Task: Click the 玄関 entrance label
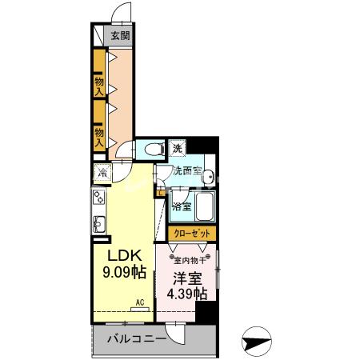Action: pos(121,36)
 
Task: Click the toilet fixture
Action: pos(150,148)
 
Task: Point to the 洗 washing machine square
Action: pos(178,148)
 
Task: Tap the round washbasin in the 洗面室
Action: pos(207,178)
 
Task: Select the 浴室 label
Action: pos(182,206)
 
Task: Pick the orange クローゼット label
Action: pos(192,233)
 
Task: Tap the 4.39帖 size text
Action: pos(186,294)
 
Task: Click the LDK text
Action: pos(125,255)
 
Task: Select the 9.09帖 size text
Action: pos(125,272)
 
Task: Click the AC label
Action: pos(139,302)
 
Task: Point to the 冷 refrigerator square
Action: pos(102,171)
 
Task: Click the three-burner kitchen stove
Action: pos(101,196)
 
